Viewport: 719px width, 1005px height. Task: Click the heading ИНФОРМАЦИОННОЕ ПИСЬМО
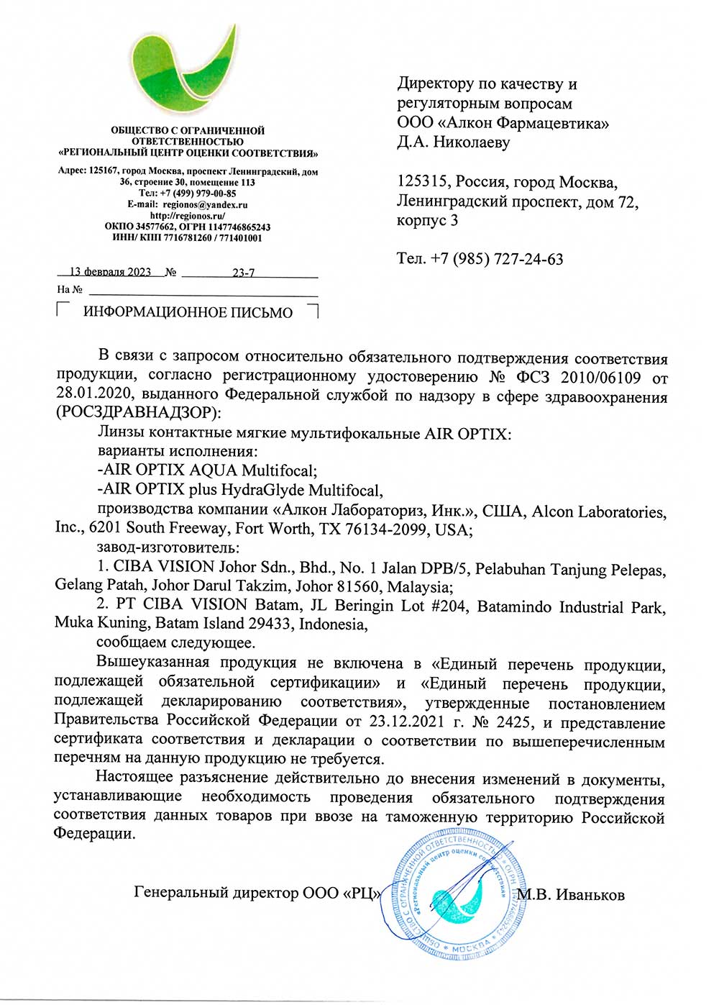[188, 313]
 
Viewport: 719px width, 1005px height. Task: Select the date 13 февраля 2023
[110, 272]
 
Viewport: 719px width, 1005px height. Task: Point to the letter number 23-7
[243, 273]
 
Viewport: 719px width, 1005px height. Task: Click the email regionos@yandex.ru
[205, 204]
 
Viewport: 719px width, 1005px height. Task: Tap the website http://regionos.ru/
[188, 215]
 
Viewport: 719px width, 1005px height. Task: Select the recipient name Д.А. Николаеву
[453, 142]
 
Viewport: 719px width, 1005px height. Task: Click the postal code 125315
[422, 183]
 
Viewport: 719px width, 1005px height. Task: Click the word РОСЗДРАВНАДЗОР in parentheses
[136, 413]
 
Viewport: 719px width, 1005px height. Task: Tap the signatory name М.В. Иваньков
[572, 895]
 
